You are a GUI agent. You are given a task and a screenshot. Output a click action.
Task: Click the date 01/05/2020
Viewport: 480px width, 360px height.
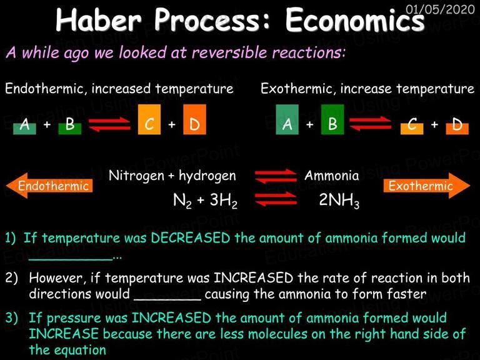point(440,9)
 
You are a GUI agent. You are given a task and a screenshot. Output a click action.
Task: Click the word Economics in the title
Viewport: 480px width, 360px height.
point(355,20)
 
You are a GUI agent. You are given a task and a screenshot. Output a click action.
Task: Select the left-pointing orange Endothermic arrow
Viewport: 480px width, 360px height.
point(49,186)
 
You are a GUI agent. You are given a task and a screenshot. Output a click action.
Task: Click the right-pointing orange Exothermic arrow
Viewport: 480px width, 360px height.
point(427,186)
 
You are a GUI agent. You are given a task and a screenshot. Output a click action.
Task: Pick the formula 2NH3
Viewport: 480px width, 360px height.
point(339,200)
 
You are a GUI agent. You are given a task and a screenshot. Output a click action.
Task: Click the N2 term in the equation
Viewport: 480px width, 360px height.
point(182,201)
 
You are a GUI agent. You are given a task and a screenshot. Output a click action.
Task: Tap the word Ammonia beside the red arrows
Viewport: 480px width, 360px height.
point(331,176)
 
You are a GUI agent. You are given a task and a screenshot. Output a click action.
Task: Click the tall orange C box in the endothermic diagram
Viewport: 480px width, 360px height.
point(149,119)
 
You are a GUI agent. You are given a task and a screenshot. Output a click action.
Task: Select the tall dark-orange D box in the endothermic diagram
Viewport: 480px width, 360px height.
point(195,119)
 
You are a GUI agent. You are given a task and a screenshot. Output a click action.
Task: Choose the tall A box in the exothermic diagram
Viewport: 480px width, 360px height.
point(287,119)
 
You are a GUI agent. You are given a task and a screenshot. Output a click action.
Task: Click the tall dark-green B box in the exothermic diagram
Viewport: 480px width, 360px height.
point(332,119)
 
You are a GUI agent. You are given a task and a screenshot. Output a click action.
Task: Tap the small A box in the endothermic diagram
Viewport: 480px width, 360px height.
point(24,129)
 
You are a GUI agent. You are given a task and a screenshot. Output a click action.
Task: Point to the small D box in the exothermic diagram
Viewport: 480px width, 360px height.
point(457,129)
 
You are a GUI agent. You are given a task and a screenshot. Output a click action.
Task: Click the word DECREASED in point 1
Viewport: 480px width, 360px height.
point(191,238)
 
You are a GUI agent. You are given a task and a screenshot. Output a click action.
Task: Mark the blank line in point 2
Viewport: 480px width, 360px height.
point(167,299)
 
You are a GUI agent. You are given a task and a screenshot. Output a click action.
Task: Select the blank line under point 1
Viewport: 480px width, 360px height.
point(71,260)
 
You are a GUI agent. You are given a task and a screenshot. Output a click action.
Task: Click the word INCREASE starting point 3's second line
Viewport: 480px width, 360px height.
point(64,334)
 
